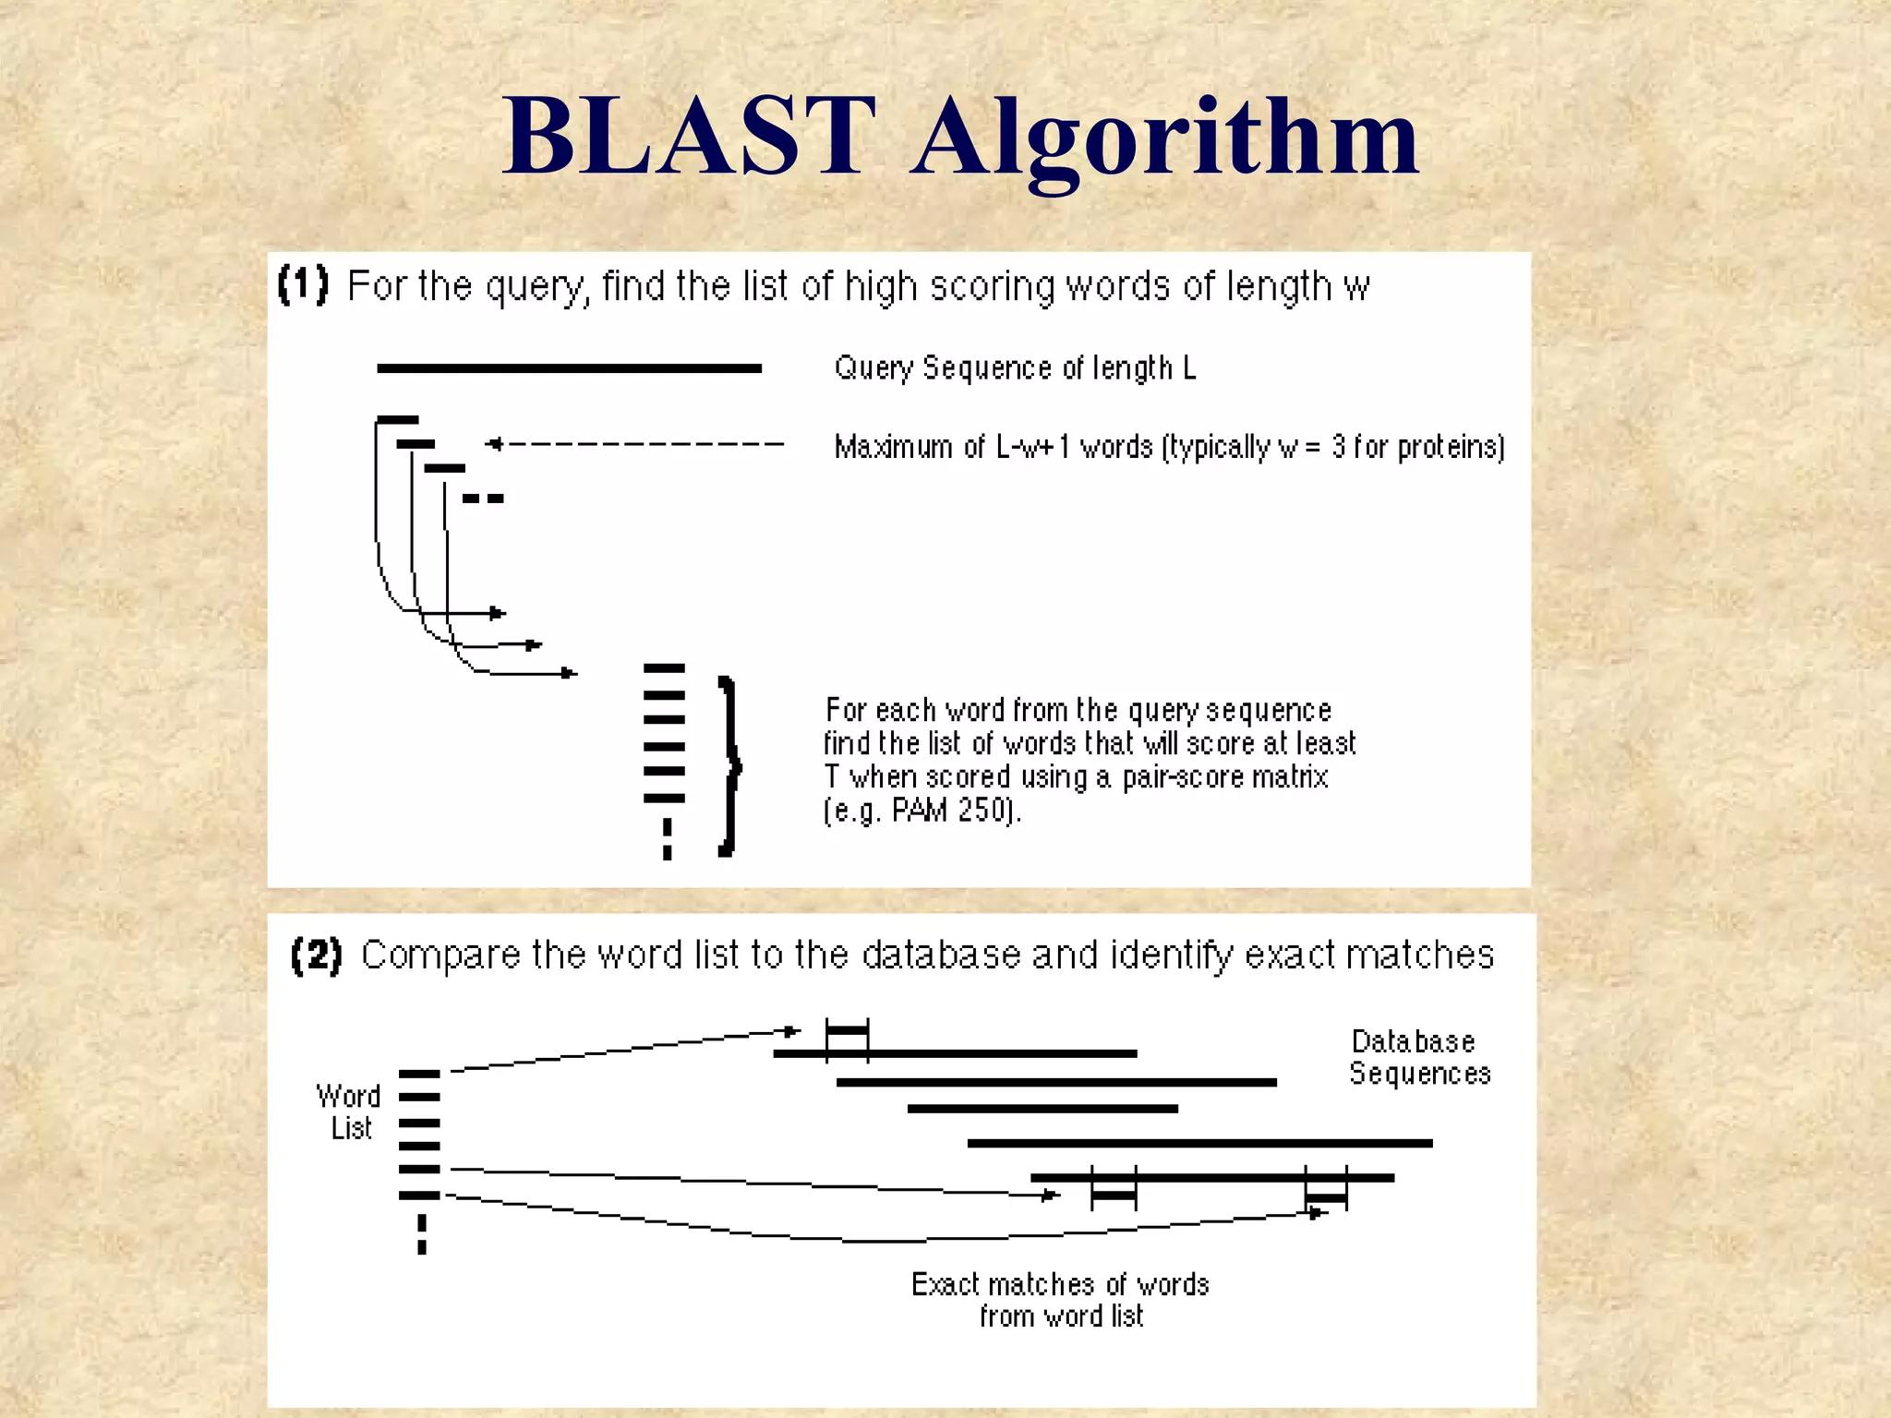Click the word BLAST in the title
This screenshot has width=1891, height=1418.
688,138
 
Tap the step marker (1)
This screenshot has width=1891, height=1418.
303,284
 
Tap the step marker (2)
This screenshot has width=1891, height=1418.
316,955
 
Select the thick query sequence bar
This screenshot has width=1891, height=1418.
569,368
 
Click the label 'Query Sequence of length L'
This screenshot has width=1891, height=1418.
1015,368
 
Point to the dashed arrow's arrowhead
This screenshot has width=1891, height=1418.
495,444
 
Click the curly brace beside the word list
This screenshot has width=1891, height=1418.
729,765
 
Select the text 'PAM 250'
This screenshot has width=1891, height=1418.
953,810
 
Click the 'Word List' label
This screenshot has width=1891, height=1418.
349,1112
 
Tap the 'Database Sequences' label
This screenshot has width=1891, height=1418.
1418,1057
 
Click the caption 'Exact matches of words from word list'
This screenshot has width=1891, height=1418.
1060,1300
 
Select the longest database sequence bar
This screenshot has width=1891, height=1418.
1199,1143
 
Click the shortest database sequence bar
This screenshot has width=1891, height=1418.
1042,1109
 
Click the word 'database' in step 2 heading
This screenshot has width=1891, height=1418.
941,955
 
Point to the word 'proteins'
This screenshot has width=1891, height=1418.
1450,447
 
